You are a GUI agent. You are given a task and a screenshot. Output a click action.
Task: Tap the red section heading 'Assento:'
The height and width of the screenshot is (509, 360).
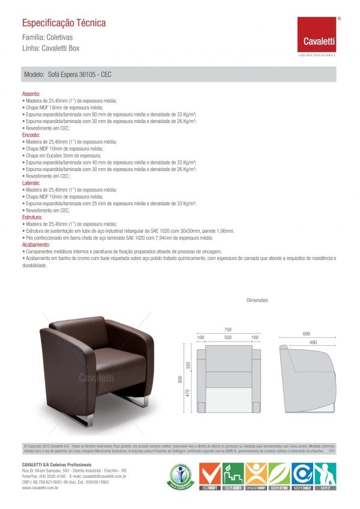pos(31,95)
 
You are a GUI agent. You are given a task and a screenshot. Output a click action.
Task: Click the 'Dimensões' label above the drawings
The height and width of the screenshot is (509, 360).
pos(257,300)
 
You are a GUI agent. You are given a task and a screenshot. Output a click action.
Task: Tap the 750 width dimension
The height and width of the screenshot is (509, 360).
pos(228,330)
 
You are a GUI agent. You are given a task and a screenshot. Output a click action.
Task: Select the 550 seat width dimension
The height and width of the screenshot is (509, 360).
pos(227,338)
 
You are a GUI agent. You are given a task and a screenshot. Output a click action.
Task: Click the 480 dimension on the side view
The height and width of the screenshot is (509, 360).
pos(313,342)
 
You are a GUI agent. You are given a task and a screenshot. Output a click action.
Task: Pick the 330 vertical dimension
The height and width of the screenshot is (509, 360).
pos(188,365)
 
